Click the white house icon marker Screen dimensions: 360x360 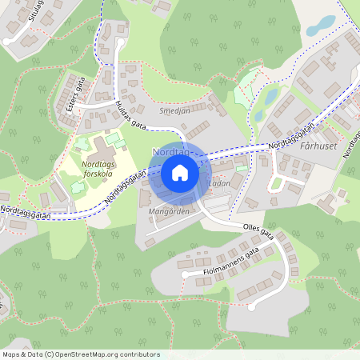[179, 172]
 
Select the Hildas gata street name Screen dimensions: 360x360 [130, 115]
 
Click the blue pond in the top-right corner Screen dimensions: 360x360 [320, 24]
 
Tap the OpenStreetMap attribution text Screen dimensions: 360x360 [81, 354]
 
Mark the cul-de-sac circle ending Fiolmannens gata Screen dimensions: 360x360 [185, 274]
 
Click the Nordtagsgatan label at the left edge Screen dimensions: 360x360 [26, 211]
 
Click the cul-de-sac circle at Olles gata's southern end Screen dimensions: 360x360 [251, 306]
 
